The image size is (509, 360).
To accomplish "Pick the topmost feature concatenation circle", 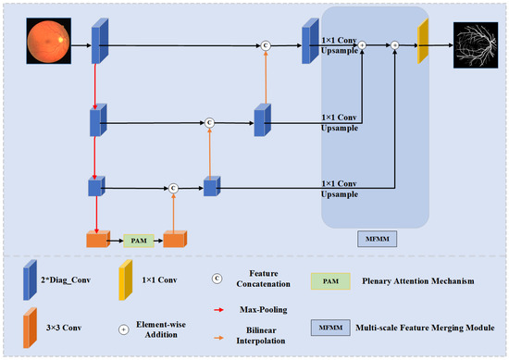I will [x=266, y=44].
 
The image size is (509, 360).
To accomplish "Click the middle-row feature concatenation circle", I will [x=208, y=121].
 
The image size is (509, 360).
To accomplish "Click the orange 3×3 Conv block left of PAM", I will [x=97, y=238].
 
